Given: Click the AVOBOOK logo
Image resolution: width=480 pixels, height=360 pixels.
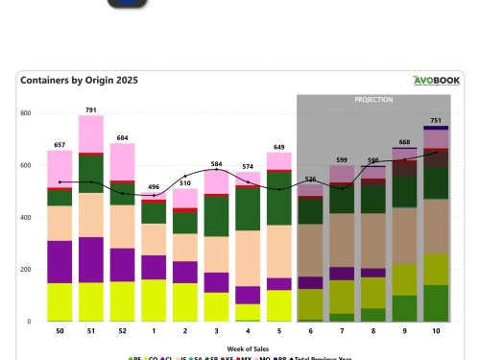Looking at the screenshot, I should (438, 82).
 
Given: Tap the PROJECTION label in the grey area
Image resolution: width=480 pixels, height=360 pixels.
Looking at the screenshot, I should (373, 99).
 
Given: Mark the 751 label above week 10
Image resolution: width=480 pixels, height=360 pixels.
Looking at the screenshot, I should (435, 120).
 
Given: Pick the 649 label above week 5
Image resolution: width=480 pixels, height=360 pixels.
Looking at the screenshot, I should (279, 146).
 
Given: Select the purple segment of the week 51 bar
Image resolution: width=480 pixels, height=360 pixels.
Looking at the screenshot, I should (90, 259).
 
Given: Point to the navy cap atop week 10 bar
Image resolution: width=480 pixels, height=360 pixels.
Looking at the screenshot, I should (435, 128).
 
